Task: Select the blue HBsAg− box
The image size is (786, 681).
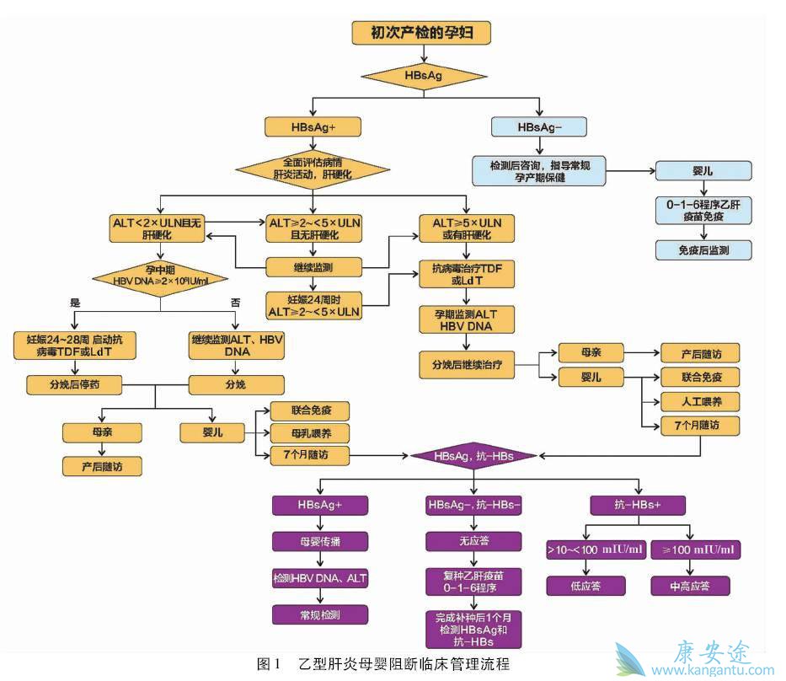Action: [539, 126]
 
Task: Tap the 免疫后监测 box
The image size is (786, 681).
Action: [702, 250]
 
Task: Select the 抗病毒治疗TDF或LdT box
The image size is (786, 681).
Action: [467, 272]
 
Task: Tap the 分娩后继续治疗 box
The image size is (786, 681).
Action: [467, 364]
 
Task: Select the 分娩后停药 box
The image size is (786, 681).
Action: [74, 385]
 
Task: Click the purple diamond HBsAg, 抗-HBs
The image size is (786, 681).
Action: [473, 456]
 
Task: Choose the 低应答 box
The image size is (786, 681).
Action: [585, 586]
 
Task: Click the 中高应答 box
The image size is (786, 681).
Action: [690, 586]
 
